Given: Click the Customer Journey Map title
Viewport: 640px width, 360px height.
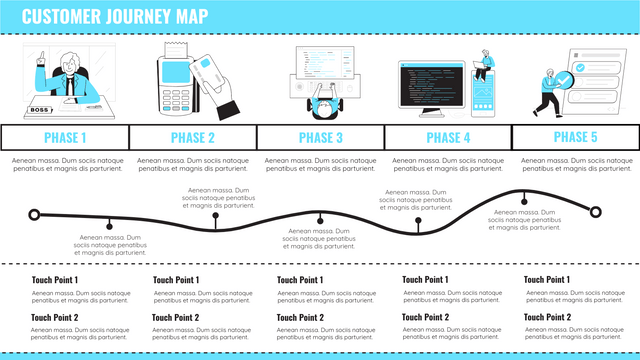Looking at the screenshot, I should click(x=115, y=15).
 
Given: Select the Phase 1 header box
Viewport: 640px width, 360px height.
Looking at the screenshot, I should click(x=65, y=137).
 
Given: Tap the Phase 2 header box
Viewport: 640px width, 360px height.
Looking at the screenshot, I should click(x=193, y=137).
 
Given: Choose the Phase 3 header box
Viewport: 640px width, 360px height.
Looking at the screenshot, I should click(x=321, y=137).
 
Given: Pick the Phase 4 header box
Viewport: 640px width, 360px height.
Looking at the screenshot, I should click(x=448, y=137).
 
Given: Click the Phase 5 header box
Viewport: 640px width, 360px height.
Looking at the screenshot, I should click(x=576, y=137).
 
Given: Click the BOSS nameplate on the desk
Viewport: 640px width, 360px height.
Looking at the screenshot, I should click(x=40, y=110).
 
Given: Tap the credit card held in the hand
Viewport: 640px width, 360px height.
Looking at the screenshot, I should click(x=207, y=70).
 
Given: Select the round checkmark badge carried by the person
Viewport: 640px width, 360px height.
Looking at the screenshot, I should click(x=563, y=82).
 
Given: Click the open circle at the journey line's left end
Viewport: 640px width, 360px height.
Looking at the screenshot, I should click(x=35, y=214).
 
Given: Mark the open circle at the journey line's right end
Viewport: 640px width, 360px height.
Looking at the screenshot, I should click(x=597, y=211).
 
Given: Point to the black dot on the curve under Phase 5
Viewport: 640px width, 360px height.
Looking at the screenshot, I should click(x=524, y=201).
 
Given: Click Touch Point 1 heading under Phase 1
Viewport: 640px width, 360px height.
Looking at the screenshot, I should click(x=55, y=280).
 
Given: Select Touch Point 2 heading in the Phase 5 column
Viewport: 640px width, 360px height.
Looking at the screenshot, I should click(x=547, y=317).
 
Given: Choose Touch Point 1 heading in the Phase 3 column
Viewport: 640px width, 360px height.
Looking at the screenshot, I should click(x=300, y=280).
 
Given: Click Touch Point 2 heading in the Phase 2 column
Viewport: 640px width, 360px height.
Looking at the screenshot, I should click(x=176, y=317).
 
